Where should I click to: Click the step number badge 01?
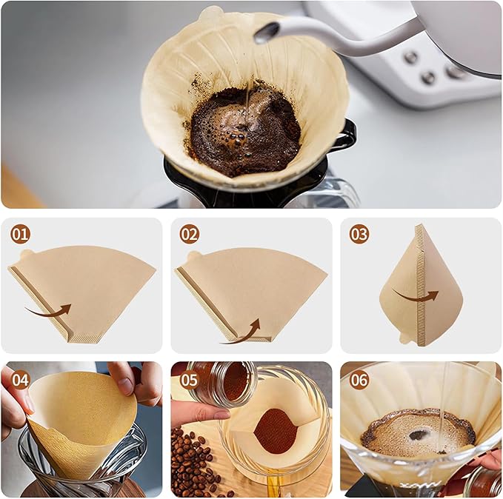pyautogui.click(x=20, y=235)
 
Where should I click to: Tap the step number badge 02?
pyautogui.click(x=190, y=235)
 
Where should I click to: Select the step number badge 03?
pyautogui.click(x=359, y=235)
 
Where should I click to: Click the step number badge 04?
pyautogui.click(x=20, y=380)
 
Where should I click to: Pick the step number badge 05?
pyautogui.click(x=190, y=380)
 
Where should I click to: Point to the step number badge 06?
pyautogui.click(x=359, y=380)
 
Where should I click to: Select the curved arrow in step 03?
pyautogui.click(x=416, y=295)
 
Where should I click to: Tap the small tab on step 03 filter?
pyautogui.click(x=404, y=338)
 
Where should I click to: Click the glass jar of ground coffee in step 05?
pyautogui.click(x=222, y=385)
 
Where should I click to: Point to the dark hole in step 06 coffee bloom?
pyautogui.click(x=419, y=435)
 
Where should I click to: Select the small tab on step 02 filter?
pyautogui.click(x=195, y=256)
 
